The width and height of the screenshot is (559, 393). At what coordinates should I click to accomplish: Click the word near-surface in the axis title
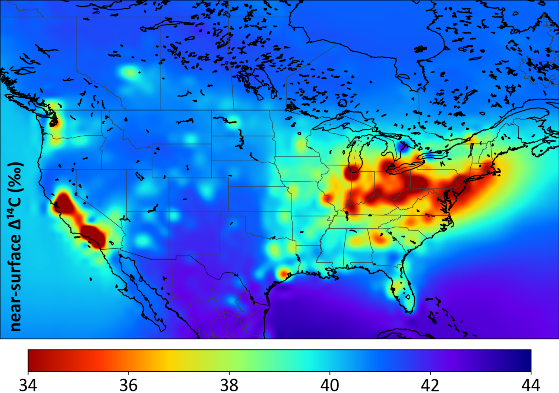tap(16, 283)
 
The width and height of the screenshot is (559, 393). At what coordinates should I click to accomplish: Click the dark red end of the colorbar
tap(37, 360)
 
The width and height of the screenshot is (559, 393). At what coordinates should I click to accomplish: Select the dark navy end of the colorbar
tap(522, 360)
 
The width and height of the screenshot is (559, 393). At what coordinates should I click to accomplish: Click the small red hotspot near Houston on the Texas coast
tap(284, 274)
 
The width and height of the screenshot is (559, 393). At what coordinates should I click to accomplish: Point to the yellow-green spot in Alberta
tap(129, 72)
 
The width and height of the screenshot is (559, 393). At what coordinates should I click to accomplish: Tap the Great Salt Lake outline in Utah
tap(139, 175)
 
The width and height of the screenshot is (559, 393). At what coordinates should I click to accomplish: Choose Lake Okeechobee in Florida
tap(408, 297)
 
